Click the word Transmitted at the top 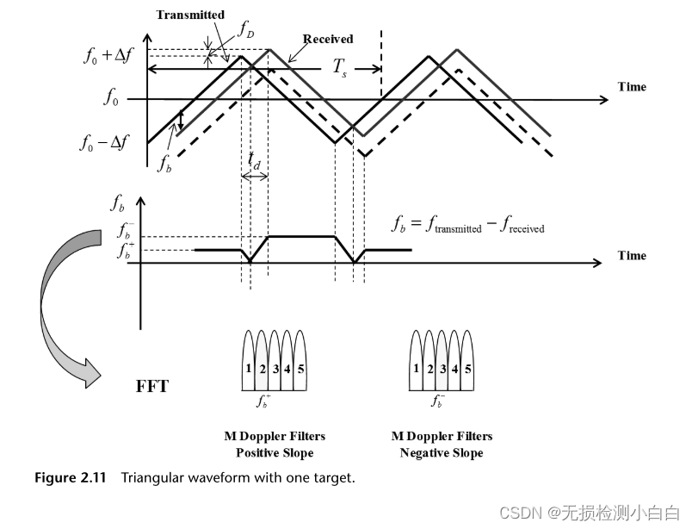[x=190, y=15]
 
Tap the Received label [x=328, y=39]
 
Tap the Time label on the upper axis [x=632, y=87]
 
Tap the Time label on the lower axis [x=632, y=255]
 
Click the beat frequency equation [x=467, y=227]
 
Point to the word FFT [x=152, y=386]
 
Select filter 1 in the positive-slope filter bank [x=247, y=368]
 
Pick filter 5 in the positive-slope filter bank [x=300, y=368]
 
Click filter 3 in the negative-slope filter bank [x=442, y=368]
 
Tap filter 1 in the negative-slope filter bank [x=416, y=368]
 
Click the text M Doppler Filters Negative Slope [x=442, y=445]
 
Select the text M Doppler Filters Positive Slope [x=275, y=445]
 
